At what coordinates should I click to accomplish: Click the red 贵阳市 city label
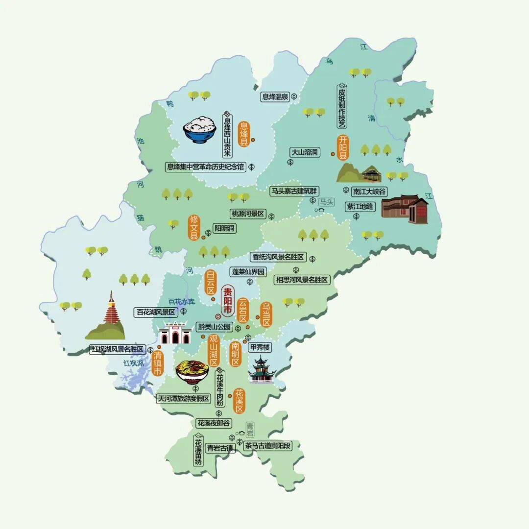228,300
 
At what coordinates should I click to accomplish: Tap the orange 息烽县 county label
243,133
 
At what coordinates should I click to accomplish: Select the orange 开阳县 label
343,147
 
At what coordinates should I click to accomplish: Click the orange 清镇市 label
158,363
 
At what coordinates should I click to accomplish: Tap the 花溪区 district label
239,400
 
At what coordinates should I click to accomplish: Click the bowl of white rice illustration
200,129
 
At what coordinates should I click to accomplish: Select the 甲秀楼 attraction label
260,347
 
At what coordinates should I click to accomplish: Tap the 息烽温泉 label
274,97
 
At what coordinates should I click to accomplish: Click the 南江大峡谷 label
369,191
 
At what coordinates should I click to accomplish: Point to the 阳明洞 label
225,228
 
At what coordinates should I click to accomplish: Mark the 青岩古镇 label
220,447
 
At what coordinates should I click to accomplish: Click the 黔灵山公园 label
215,327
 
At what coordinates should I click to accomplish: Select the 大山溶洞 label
304,152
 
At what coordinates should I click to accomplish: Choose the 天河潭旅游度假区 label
183,399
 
